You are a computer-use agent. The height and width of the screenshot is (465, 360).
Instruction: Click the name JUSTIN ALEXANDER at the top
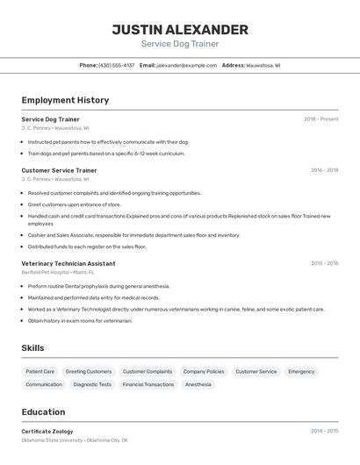(x=180, y=30)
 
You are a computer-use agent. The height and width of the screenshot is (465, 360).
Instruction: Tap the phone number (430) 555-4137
(x=117, y=65)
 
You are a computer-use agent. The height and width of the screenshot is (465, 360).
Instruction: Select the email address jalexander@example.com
(x=187, y=65)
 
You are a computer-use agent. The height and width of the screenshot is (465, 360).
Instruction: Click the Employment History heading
(x=65, y=100)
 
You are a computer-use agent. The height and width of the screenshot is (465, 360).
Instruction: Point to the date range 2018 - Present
(x=320, y=119)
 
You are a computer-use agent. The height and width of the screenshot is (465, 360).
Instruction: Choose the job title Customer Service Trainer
(x=59, y=170)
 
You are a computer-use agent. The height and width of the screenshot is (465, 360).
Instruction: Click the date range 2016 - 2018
(x=324, y=170)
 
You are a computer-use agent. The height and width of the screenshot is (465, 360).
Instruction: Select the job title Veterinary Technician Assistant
(x=68, y=263)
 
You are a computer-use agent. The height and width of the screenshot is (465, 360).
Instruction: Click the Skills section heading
(x=32, y=348)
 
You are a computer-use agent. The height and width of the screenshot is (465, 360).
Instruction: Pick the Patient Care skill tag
(x=40, y=371)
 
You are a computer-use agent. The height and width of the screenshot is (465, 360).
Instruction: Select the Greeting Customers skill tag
(x=89, y=371)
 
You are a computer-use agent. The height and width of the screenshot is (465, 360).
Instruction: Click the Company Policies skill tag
(x=204, y=371)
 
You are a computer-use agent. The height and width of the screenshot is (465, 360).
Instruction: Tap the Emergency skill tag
(x=301, y=371)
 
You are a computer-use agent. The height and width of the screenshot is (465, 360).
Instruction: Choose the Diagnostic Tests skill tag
(x=92, y=384)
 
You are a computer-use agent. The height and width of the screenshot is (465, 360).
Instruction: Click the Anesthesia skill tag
(x=198, y=384)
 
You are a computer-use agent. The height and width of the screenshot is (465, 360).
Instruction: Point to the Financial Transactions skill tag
(x=148, y=384)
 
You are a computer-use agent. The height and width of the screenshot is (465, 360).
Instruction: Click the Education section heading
(x=43, y=411)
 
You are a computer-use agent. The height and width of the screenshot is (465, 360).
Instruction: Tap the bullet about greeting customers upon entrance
(x=75, y=204)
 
